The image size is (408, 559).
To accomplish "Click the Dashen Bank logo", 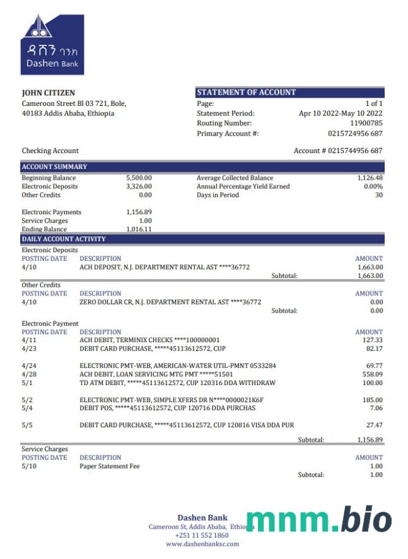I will [52, 45].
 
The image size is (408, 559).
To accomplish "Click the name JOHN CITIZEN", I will [49, 93].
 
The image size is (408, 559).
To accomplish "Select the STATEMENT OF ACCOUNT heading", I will [246, 93].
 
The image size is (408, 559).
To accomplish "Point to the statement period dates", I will [341, 113].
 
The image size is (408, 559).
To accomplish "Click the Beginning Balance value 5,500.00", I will [139, 178].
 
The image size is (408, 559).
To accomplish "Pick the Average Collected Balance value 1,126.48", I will [370, 178].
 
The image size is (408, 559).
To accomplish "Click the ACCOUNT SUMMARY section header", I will [54, 167].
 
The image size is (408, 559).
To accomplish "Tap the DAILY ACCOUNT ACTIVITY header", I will [64, 239].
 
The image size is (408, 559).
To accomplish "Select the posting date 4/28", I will [28, 374].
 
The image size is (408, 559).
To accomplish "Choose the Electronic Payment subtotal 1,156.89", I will [370, 440].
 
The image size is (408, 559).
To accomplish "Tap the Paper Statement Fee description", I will [110, 466].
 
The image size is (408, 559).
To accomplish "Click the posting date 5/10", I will [28, 466].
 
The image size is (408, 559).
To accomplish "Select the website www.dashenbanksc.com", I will [202, 544].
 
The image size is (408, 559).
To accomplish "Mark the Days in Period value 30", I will [379, 195].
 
